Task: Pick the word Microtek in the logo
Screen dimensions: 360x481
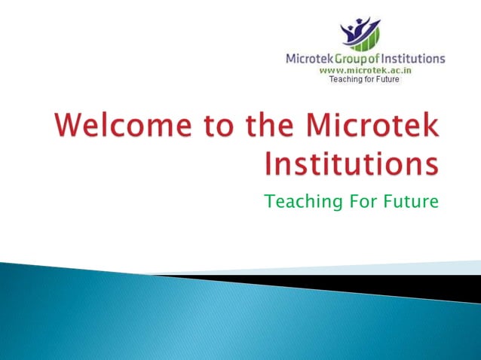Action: pyautogui.click(x=308, y=58)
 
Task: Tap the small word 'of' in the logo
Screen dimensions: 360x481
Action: pyautogui.click(x=376, y=58)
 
